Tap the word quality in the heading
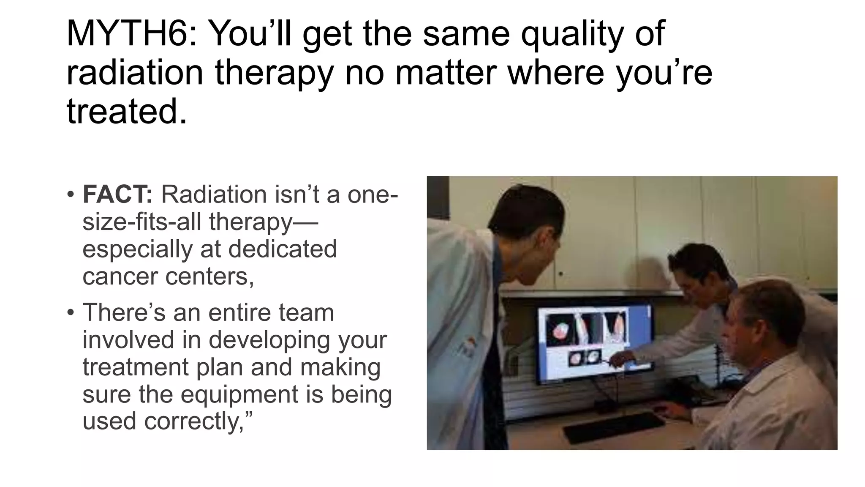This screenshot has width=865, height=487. click(571, 34)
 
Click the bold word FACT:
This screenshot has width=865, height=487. click(117, 194)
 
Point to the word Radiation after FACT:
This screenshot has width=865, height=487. click(214, 194)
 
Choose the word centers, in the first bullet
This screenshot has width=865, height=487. click(209, 276)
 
